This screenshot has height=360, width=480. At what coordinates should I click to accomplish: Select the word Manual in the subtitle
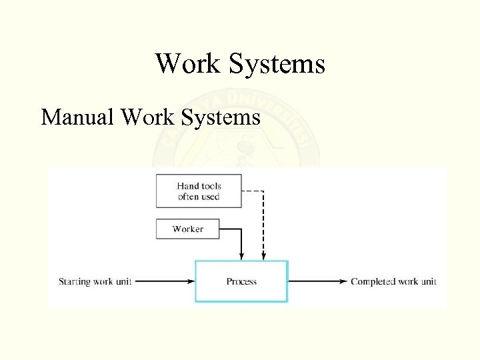(x=77, y=117)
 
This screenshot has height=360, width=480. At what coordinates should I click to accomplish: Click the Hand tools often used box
(x=199, y=191)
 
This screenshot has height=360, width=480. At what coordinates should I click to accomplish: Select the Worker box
(x=187, y=229)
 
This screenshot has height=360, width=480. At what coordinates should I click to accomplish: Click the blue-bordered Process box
(x=241, y=281)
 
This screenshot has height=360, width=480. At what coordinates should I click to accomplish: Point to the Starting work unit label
(x=95, y=281)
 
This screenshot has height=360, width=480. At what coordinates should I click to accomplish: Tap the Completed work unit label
(x=393, y=281)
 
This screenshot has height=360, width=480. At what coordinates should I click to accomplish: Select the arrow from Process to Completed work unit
(x=318, y=281)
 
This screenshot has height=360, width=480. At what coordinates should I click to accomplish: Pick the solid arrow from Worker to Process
(x=241, y=243)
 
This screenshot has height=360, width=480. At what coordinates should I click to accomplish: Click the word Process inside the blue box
(x=241, y=281)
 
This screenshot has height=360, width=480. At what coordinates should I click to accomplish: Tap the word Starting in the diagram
(x=74, y=281)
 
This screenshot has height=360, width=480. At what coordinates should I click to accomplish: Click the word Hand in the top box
(x=187, y=186)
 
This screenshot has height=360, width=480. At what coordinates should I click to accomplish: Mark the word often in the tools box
(x=189, y=197)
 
